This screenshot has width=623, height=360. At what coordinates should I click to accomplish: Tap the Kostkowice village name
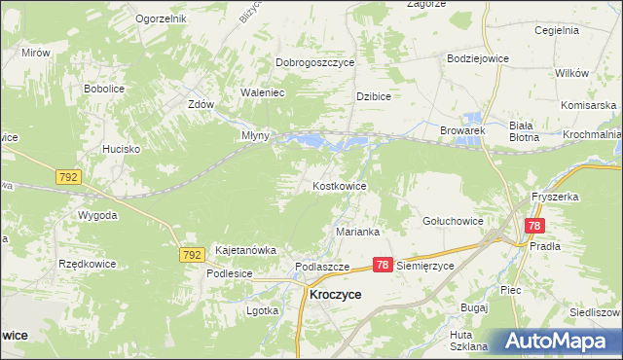pyautogui.click(x=339, y=185)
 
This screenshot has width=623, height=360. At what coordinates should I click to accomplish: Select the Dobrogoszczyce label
pyautogui.click(x=314, y=62)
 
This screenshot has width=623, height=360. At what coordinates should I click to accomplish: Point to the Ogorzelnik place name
pyautogui.click(x=161, y=18)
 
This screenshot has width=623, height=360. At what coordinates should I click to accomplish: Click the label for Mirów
pyautogui.click(x=34, y=53)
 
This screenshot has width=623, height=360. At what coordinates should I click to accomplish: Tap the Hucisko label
pyautogui.click(x=124, y=149)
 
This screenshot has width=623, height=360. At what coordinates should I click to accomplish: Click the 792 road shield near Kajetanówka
pyautogui.click(x=192, y=255)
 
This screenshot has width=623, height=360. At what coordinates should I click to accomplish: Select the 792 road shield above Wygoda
pyautogui.click(x=68, y=178)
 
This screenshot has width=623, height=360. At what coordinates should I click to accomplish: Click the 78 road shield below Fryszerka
pyautogui.click(x=532, y=225)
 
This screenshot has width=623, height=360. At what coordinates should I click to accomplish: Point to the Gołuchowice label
pyautogui.click(x=453, y=221)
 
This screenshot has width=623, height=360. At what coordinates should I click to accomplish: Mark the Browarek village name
pyautogui.click(x=462, y=129)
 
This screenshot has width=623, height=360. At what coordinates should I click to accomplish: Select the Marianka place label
pyautogui.click(x=357, y=232)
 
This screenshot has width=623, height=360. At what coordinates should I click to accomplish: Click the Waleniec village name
pyautogui.click(x=262, y=93)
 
